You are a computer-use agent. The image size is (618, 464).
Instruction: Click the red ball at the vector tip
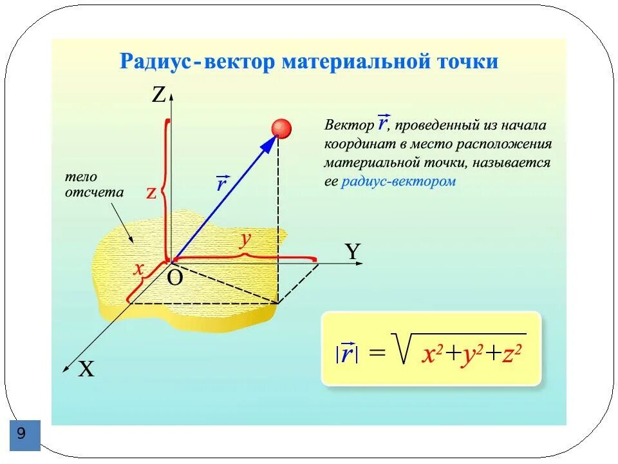tap(281, 128)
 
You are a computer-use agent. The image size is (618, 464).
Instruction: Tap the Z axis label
tap(158, 96)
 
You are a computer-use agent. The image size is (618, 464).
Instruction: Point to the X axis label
tap(86, 369)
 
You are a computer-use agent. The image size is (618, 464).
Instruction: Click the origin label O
tap(175, 278)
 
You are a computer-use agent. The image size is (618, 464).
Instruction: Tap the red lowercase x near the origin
tap(138, 269)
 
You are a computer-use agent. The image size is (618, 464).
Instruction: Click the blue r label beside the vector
tap(222, 184)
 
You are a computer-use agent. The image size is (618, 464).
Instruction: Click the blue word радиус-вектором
tap(398, 181)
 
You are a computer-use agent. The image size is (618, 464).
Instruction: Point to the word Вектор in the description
tap(348, 124)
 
